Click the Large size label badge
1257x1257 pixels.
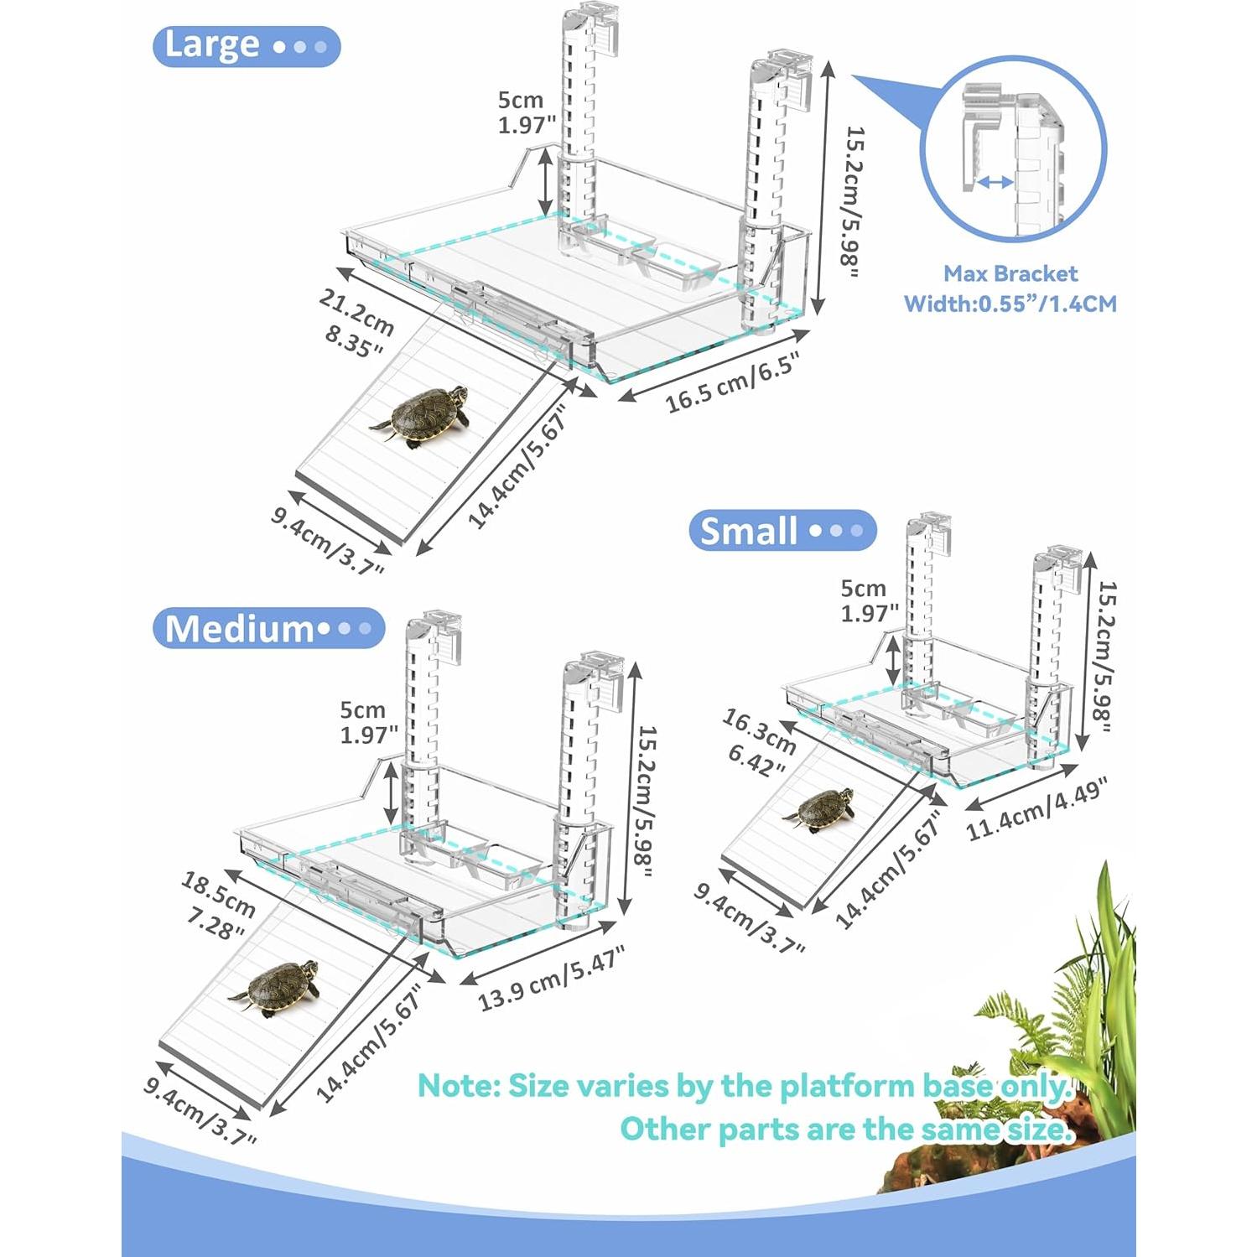tap(246, 46)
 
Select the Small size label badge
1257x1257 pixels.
tap(782, 531)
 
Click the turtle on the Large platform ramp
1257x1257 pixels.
tap(422, 415)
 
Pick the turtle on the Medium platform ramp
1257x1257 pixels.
tap(278, 987)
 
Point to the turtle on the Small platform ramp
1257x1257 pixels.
tap(819, 810)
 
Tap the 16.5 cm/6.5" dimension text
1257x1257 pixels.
tap(731, 382)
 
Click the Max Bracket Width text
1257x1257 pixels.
tap(1010, 288)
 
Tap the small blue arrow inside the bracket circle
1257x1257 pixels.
tap(995, 182)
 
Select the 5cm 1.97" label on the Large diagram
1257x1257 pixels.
tap(526, 112)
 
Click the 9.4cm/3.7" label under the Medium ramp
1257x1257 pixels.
tap(200, 1102)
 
